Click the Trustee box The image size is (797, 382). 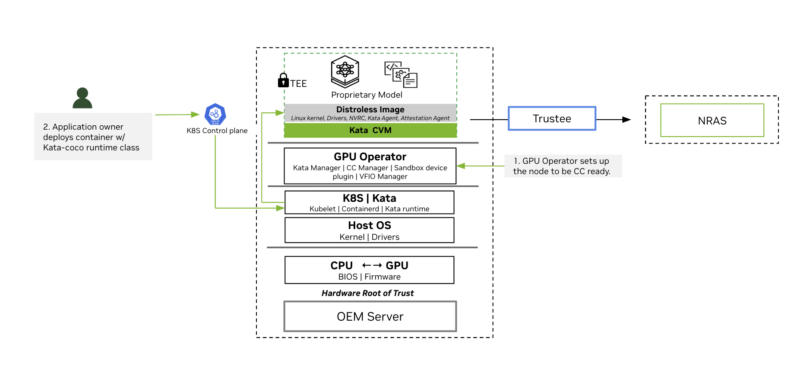[552, 118]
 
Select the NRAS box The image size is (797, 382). [712, 121]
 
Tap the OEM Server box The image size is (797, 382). [370, 316]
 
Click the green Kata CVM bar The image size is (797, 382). [370, 130]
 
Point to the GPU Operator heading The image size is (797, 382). [370, 156]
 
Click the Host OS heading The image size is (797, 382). [370, 225]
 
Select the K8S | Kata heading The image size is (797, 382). [370, 198]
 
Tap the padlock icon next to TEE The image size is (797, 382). [283, 80]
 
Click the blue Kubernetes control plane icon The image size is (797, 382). [215, 114]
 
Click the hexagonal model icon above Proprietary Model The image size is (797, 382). [345, 71]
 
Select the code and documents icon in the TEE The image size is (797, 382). [401, 74]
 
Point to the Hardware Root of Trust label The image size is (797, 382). [367, 293]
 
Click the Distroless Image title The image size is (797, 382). [370, 109]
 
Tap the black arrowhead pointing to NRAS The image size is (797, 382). [626, 120]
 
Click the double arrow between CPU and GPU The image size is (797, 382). [372, 265]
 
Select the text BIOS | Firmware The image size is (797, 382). [369, 277]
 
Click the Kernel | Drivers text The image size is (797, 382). [369, 237]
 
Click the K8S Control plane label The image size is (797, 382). [217, 131]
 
